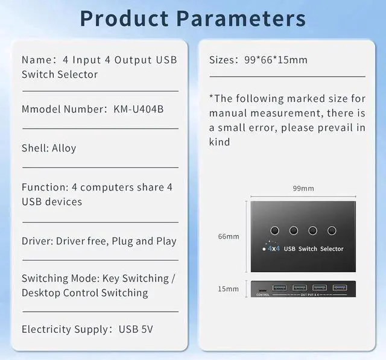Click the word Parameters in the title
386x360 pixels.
241,18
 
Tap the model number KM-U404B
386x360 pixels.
138,109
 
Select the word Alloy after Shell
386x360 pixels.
64,148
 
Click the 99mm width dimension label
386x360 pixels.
303,188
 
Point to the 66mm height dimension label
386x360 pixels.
229,236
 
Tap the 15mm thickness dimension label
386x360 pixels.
229,289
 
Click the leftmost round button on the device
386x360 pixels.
275,230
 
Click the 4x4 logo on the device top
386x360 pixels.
273,248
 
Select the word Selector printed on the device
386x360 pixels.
332,248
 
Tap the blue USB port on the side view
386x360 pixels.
340,287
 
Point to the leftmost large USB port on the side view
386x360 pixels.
280,287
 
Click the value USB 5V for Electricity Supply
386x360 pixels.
136,329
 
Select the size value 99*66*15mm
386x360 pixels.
276,60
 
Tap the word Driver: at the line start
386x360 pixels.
37,241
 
